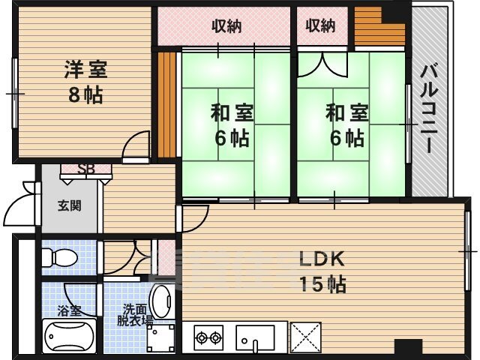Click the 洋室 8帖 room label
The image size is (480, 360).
click(x=85, y=82)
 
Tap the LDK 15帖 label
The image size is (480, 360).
click(x=322, y=271)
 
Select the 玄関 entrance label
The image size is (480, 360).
click(x=70, y=205)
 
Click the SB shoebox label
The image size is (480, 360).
click(x=86, y=169)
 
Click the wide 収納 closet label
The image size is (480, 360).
click(x=226, y=26)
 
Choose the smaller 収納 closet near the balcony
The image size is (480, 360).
click(x=321, y=25)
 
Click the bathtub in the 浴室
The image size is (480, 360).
click(x=70, y=335)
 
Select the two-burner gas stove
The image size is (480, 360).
click(x=208, y=337)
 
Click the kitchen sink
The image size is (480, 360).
click(x=255, y=338)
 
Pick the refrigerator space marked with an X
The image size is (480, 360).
click(x=306, y=337)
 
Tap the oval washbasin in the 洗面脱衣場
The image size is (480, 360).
click(x=161, y=301)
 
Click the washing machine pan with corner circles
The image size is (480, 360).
click(x=160, y=338)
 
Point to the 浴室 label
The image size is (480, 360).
click(x=70, y=311)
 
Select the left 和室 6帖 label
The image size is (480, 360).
click(x=232, y=125)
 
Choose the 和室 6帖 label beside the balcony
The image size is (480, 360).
click(x=346, y=125)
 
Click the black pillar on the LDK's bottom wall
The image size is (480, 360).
click(x=408, y=346)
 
